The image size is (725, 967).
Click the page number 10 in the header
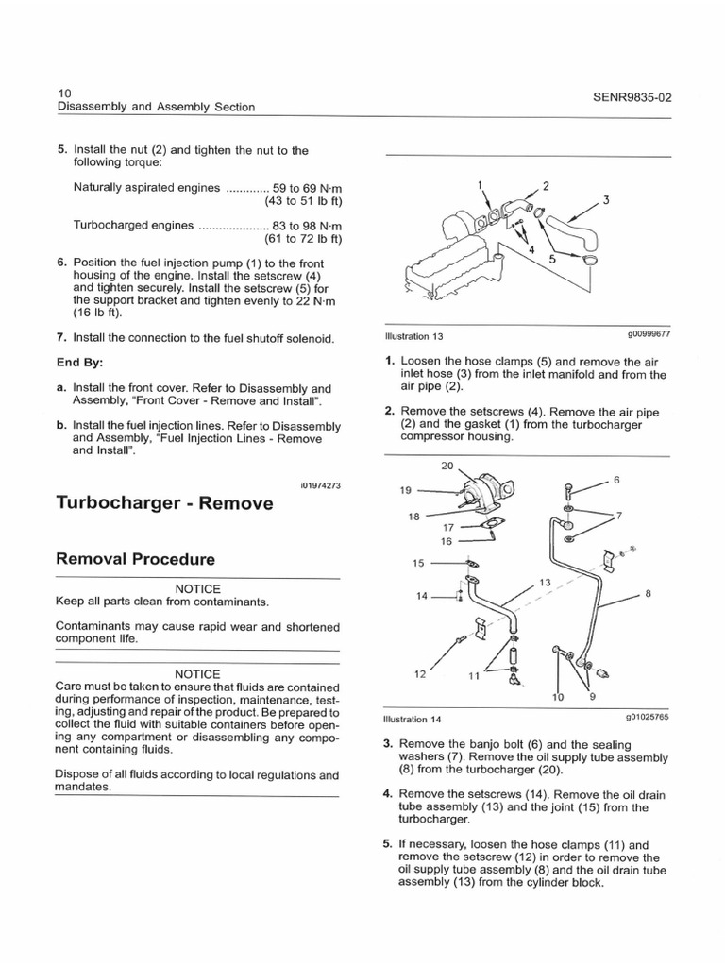(64, 93)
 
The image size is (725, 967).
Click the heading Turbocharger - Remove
(165, 503)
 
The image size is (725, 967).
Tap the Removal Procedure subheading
(136, 559)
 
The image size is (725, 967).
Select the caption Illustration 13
(413, 335)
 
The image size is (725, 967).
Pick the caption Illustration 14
(413, 719)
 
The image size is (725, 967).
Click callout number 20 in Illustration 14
(447, 467)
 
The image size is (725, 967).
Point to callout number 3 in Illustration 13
(605, 199)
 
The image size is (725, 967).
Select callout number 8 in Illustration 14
(648, 593)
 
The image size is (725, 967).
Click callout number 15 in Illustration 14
(418, 563)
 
